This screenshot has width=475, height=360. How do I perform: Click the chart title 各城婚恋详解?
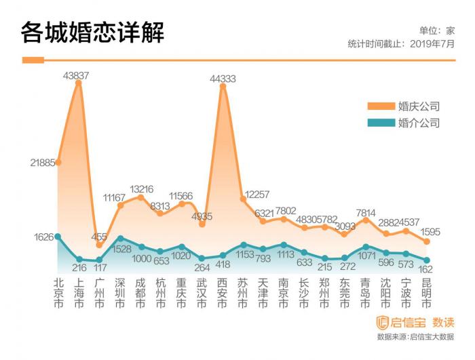[92, 32]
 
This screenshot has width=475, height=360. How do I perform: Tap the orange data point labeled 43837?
[79, 82]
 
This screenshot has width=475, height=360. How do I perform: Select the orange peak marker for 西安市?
[223, 85]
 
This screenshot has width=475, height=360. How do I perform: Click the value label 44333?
[223, 79]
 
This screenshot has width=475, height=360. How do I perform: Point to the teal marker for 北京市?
[58, 237]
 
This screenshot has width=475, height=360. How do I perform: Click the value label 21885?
[42, 163]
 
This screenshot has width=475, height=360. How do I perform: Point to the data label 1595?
[430, 232]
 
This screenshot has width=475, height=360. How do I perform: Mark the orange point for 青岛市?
[366, 220]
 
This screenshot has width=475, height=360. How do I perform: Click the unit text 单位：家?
[436, 31]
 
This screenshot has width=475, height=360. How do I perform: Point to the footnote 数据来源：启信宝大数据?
[415, 336]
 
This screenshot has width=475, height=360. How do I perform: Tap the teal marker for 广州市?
[100, 260]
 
